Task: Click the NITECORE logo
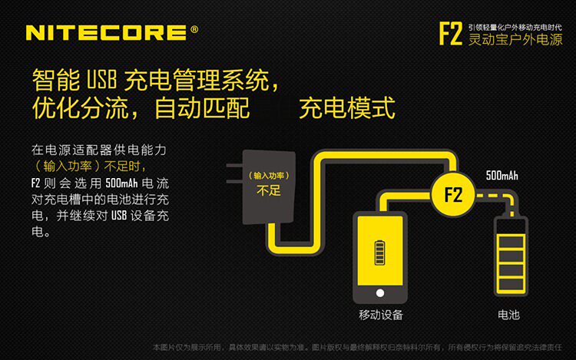[x=106, y=32]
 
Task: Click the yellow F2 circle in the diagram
[x=452, y=193]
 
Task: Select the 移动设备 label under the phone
[x=381, y=315]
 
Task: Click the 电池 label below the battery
[x=509, y=315]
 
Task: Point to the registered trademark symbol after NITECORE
[x=194, y=30]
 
